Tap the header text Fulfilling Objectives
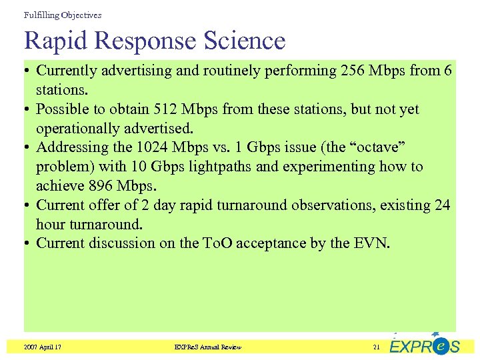(x=62, y=15)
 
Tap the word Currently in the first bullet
(x=69, y=70)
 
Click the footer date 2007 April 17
(x=43, y=347)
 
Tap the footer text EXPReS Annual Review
(x=207, y=347)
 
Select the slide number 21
(x=377, y=347)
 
